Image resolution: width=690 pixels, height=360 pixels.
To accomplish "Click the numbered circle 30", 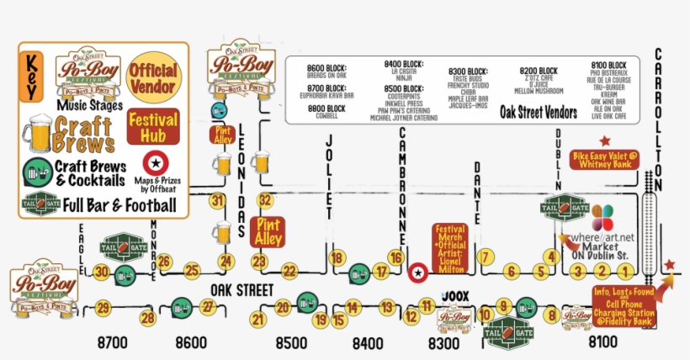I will [x=102, y=271].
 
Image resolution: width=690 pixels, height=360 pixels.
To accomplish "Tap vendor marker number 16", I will [x=395, y=257].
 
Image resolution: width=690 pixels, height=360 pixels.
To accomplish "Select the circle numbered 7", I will [x=484, y=257].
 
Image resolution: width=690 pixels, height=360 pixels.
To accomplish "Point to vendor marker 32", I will [x=267, y=200].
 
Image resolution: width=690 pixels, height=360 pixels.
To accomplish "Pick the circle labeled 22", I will [x=289, y=271].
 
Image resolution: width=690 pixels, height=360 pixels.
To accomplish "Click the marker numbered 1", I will [x=624, y=271].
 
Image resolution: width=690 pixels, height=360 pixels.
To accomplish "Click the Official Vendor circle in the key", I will [x=152, y=77].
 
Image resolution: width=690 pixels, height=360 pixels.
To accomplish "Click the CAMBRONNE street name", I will [x=402, y=182].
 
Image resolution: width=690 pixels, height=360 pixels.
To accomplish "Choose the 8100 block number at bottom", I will [x=602, y=343].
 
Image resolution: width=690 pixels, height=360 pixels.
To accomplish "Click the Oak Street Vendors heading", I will [x=539, y=112].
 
